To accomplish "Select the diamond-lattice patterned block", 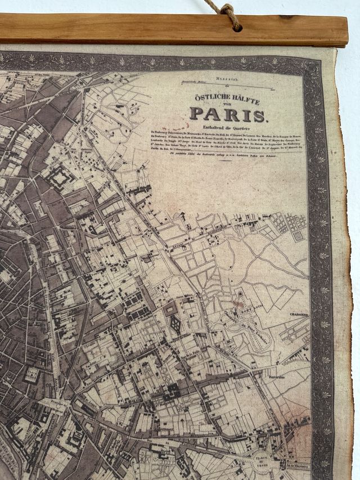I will click(175, 324).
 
